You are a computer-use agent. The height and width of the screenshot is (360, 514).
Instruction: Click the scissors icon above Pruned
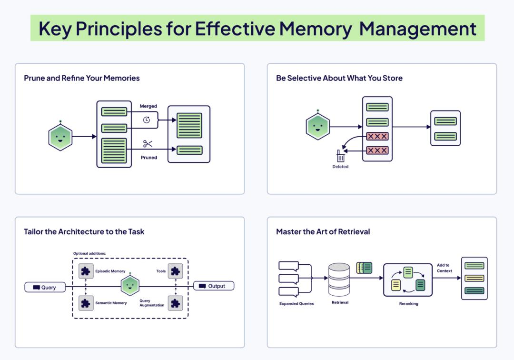tap(148, 144)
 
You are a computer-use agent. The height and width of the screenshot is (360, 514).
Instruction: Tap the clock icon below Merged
tap(147, 120)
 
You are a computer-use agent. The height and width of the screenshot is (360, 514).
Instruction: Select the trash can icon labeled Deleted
tap(340, 156)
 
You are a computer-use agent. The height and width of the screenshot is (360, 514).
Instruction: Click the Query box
tap(45, 287)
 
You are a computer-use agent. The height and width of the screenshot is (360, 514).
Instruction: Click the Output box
tap(213, 286)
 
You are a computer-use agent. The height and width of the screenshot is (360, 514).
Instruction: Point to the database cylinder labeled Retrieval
tap(339, 280)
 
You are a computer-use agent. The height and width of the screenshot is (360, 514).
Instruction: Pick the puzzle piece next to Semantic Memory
tap(86, 303)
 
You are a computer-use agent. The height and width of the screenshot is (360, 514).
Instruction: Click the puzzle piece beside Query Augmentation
tap(175, 303)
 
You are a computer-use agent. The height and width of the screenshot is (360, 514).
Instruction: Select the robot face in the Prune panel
tap(60, 137)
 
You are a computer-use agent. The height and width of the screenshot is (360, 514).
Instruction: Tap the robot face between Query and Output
tap(130, 286)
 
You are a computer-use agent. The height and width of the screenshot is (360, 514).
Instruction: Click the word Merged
tap(148, 106)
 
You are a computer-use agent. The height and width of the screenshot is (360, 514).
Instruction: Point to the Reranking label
tap(408, 303)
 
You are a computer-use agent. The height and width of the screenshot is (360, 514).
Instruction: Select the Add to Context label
tap(444, 268)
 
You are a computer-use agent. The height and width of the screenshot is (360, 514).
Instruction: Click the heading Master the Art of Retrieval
tap(323, 232)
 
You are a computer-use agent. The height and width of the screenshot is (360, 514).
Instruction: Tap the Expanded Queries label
tap(297, 303)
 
